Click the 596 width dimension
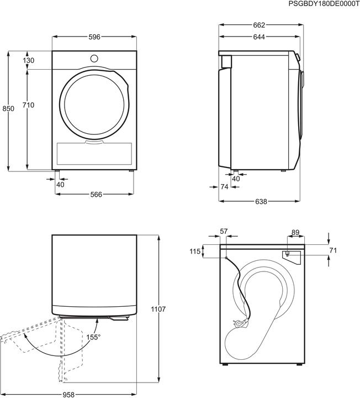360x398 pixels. [x=94, y=36]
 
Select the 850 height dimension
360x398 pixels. [x=8, y=109]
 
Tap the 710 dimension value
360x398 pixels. [x=29, y=105]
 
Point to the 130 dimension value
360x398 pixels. [x=29, y=60]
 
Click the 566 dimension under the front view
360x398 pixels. [x=94, y=194]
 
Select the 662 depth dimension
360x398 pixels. [x=260, y=25]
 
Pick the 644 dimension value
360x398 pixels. [x=260, y=37]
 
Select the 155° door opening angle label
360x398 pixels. [x=92, y=337]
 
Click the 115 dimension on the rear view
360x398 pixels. [x=194, y=252]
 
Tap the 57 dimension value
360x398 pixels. [x=224, y=232]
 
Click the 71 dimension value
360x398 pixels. [x=332, y=250]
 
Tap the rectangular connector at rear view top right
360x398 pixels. [x=289, y=254]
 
